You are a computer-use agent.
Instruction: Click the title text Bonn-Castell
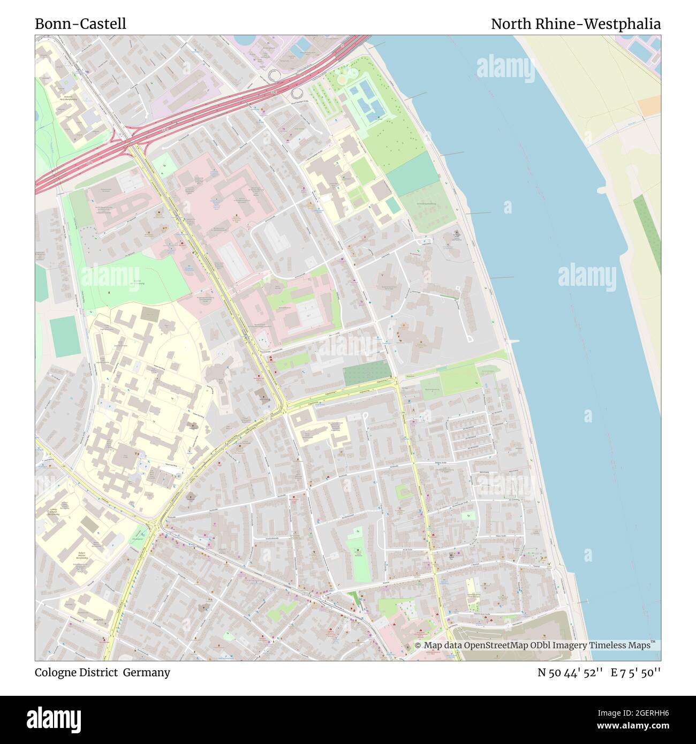[x=80, y=24]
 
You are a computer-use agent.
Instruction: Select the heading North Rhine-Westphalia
[x=576, y=24]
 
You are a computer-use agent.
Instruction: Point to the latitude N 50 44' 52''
[x=570, y=672]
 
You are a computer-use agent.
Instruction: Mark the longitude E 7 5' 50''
[x=637, y=672]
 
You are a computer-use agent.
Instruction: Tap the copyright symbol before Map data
[x=418, y=646]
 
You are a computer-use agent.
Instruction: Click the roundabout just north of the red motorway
[x=277, y=74]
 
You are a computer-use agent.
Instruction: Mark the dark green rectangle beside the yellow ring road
[x=367, y=372]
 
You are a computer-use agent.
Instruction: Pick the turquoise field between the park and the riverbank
[x=411, y=170]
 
